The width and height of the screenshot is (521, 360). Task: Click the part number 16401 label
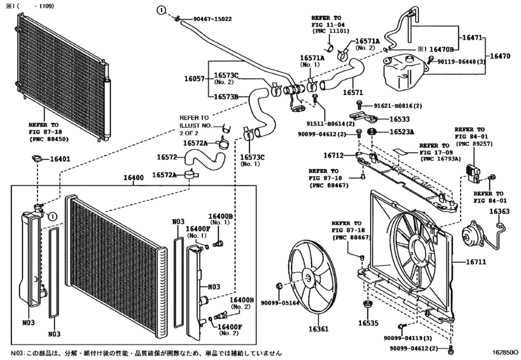pyautogui.click(x=60, y=159)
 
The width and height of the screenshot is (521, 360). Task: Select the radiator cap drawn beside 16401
pyautogui.click(x=36, y=159)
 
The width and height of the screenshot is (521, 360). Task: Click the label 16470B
pyautogui.click(x=441, y=50)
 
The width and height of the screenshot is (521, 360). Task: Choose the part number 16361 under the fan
pyautogui.click(x=318, y=329)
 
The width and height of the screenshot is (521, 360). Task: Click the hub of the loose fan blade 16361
pyautogui.click(x=309, y=279)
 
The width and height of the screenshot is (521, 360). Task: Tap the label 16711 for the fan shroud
pyautogui.click(x=476, y=262)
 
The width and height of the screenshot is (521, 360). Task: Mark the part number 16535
pyautogui.click(x=368, y=323)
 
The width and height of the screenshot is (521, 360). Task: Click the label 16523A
pyautogui.click(x=402, y=132)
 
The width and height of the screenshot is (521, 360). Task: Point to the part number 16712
pyautogui.click(x=333, y=155)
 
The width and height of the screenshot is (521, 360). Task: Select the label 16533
pyautogui.click(x=400, y=119)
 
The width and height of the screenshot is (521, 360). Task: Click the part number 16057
pyautogui.click(x=195, y=79)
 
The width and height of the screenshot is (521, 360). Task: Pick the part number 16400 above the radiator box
pyautogui.click(x=134, y=178)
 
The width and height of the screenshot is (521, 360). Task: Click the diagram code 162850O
pyautogui.click(x=505, y=352)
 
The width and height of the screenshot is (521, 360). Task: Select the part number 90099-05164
pyautogui.click(x=279, y=303)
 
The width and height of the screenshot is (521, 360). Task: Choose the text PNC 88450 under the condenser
pyautogui.click(x=49, y=139)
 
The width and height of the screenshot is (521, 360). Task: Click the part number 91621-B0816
pyautogui.click(x=393, y=106)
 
